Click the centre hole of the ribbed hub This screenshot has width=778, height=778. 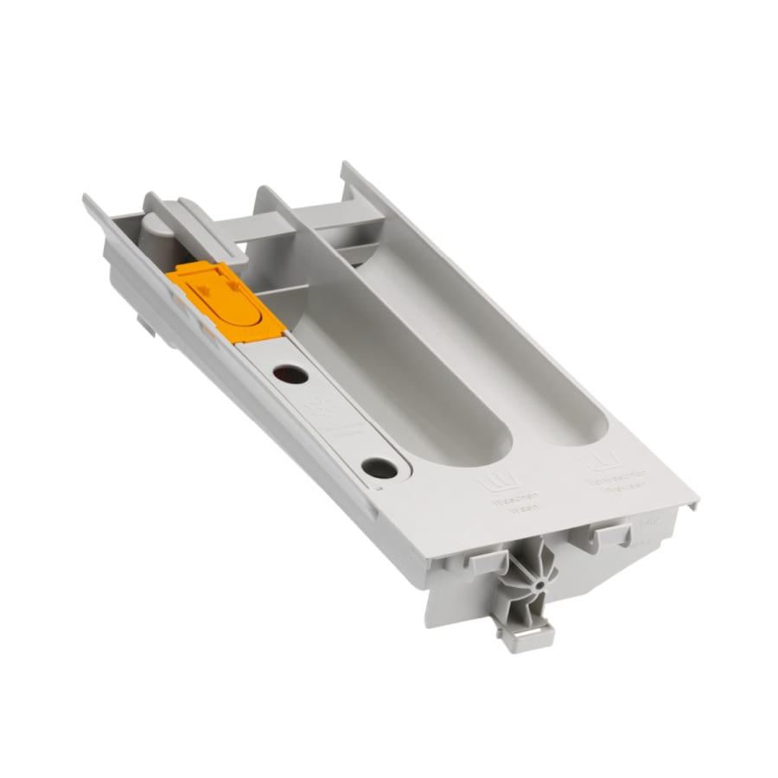(539, 583)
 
